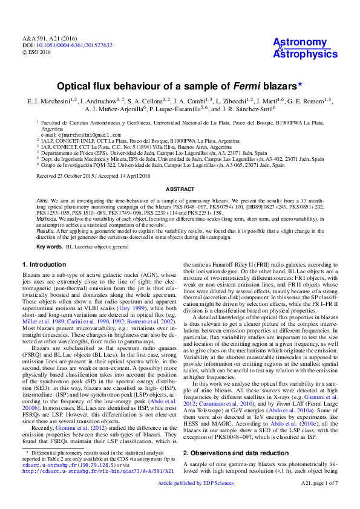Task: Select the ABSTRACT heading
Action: [x=179, y=172]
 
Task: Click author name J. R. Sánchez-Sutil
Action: [x=242, y=109]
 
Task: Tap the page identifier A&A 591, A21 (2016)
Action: [x=41, y=37]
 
